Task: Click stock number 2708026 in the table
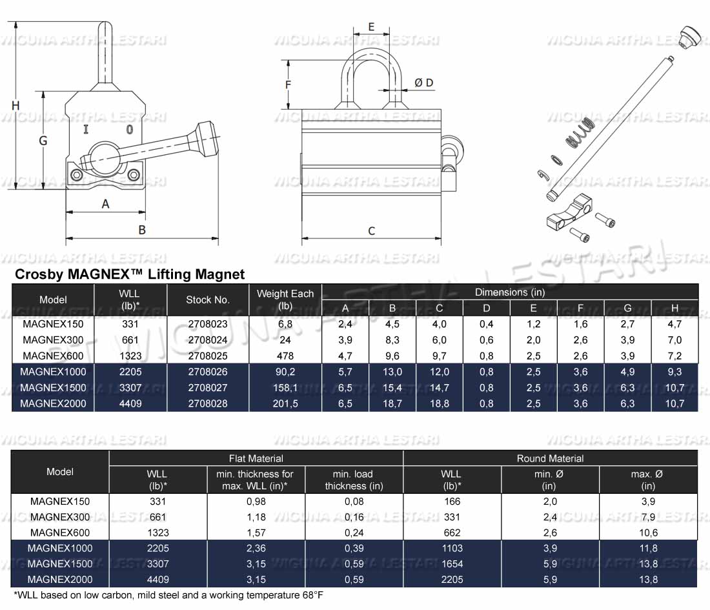pyautogui.click(x=208, y=372)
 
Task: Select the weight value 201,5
pyautogui.click(x=285, y=403)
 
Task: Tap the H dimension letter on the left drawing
pyautogui.click(x=15, y=105)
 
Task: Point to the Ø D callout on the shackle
pyautogui.click(x=424, y=83)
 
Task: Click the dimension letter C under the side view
pyautogui.click(x=371, y=231)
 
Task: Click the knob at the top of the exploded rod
pyautogui.click(x=690, y=36)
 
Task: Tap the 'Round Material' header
pyautogui.click(x=550, y=458)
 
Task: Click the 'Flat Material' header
pyautogui.click(x=256, y=458)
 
